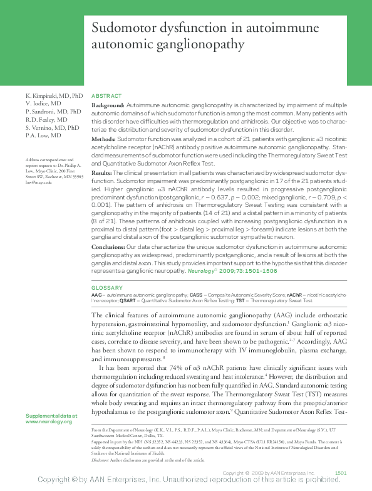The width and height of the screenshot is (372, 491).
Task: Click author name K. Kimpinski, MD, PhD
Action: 54,95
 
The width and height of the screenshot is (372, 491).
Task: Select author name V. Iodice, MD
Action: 43,103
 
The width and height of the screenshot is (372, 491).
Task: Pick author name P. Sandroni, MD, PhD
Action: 53,111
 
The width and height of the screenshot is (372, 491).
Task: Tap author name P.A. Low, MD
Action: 43,135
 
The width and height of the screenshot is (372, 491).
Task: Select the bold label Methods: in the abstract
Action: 103,137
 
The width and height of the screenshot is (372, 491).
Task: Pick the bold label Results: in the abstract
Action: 102,171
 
